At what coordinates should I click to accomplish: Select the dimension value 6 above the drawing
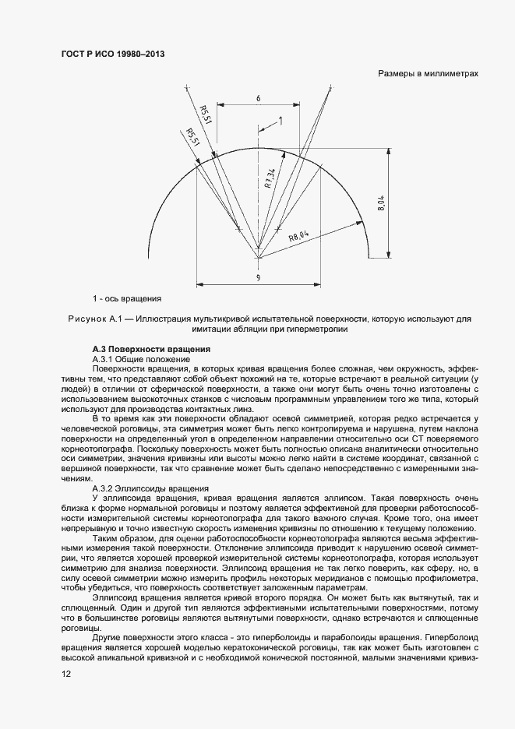[257, 98]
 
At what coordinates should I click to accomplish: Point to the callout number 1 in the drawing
[280, 121]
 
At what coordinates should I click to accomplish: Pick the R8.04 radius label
[299, 235]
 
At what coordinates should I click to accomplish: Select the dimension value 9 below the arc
[257, 278]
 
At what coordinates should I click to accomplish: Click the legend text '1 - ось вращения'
[126, 298]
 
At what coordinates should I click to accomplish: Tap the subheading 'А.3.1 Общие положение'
[141, 358]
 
